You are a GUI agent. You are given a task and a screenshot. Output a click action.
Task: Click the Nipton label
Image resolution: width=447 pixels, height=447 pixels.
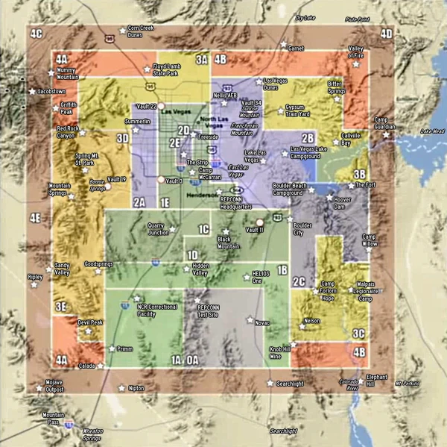tap(136, 388)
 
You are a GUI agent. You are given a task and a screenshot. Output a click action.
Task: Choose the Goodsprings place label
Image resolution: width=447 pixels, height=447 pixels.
tap(98, 263)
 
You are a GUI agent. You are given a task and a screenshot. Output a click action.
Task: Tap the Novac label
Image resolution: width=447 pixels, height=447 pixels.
tap(262, 323)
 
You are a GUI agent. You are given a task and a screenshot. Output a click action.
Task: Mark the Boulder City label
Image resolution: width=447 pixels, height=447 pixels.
tap(302, 228)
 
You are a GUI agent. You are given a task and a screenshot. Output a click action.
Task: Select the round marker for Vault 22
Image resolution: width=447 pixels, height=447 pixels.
tap(161, 106)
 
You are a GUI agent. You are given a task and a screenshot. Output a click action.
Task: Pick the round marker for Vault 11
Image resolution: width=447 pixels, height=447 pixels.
tap(260, 222)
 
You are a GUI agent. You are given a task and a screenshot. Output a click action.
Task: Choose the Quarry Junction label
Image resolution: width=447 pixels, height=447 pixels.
tap(157, 228)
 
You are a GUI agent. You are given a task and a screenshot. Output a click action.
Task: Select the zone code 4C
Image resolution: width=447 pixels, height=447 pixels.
tap(36, 33)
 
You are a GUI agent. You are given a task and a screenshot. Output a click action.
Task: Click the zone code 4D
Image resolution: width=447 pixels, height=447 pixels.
tap(386, 34)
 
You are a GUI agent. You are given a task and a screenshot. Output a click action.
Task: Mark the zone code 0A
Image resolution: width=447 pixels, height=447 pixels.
tap(192, 360)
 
